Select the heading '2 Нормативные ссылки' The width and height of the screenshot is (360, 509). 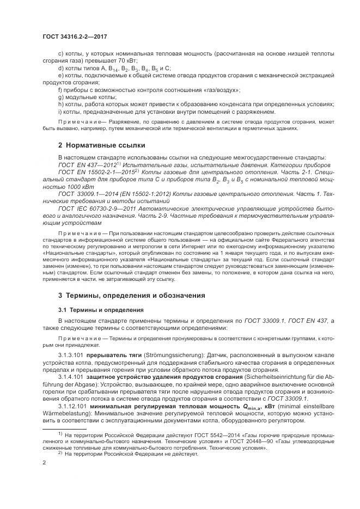coord(94,145)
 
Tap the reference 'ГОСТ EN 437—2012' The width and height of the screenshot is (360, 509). coord(89,164)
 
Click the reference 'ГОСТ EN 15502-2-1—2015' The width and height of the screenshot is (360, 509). coord(98,171)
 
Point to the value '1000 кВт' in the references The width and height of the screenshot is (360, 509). coord(70,185)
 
